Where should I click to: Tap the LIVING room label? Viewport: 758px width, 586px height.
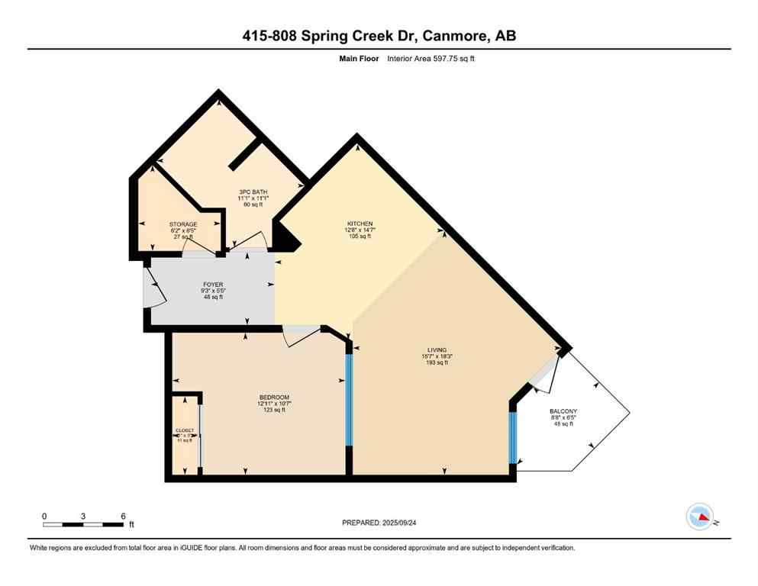(437, 349)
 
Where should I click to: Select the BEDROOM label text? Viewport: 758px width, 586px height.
(274, 398)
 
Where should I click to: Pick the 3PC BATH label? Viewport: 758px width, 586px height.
(252, 192)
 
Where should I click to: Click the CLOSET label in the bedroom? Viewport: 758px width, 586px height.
(185, 430)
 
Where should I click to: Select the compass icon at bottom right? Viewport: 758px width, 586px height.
(699, 517)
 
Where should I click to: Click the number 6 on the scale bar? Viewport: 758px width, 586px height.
(123, 515)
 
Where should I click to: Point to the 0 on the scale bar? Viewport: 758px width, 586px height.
(44, 515)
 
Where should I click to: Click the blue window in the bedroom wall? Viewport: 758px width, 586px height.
(349, 401)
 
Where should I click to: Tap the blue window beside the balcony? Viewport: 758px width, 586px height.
(512, 437)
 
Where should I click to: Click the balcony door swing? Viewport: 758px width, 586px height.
(545, 378)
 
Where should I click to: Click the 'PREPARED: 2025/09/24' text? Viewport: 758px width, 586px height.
(379, 523)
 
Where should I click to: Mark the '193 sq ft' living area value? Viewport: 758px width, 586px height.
(437, 362)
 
